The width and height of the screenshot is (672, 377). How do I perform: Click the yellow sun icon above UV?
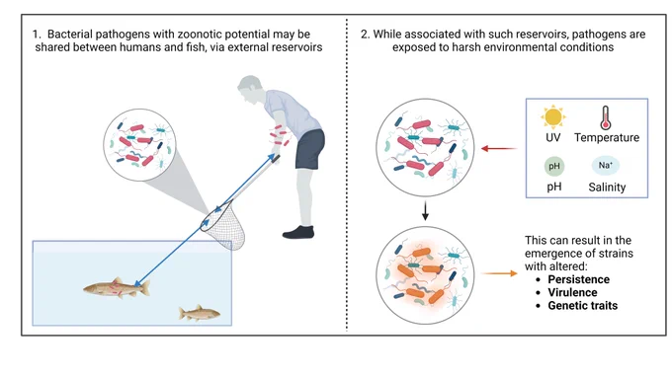coord(552,116)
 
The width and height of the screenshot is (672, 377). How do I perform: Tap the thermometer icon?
coord(606,117)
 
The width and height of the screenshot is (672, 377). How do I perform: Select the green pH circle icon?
coord(554,166)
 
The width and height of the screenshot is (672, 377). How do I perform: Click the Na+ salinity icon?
coord(606,166)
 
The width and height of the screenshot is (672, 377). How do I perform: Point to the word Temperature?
coord(607,137)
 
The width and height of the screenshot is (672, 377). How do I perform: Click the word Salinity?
coord(607,187)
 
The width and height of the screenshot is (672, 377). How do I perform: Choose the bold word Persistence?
coord(578,279)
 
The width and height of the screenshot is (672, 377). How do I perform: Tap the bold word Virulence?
coord(572,292)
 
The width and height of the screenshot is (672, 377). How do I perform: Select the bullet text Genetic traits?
coord(583,306)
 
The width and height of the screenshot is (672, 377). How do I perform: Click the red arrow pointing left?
coord(499,148)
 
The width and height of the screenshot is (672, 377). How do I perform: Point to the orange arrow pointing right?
coord(500,273)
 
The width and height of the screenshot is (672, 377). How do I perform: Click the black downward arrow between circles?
coord(425,210)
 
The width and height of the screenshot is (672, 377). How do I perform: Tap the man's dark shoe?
coord(298,232)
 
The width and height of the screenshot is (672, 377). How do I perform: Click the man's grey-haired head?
coord(250,88)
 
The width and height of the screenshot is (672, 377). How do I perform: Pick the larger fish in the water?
coord(117,287)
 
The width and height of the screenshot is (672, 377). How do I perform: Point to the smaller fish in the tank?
coord(200,313)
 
